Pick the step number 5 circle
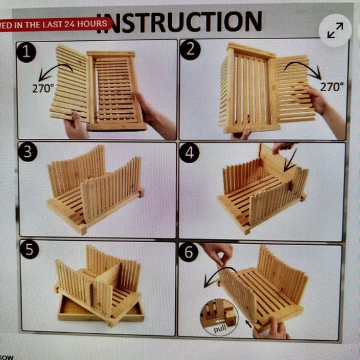tap(30, 250)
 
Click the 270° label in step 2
tap(331, 86)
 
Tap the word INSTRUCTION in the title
tap(179, 22)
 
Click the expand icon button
tap(335, 30)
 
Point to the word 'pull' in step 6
tap(220, 328)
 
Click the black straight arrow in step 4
tap(290, 159)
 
